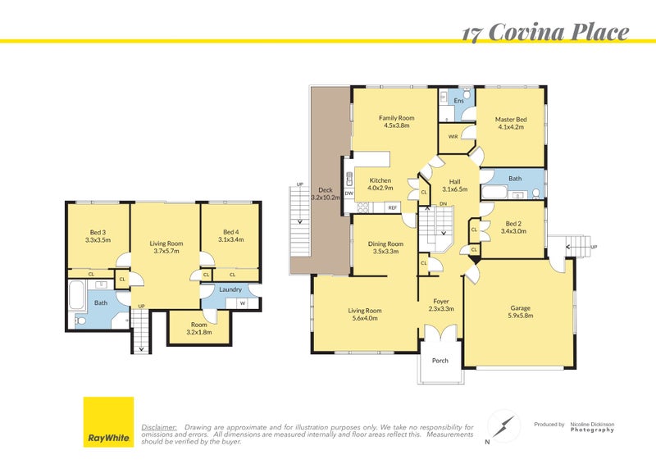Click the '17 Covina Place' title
point(544,32)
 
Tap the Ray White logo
point(108,422)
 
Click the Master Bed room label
point(510,120)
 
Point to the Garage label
point(520,307)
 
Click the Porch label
point(440,361)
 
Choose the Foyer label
point(441,301)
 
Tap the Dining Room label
point(385,243)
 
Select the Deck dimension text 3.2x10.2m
point(326,198)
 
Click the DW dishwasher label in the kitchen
point(349,193)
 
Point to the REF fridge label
point(393,208)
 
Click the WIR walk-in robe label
point(453,136)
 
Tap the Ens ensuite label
point(458,101)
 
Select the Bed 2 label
point(513,223)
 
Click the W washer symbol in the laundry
point(242,303)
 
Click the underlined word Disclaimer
point(159,427)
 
